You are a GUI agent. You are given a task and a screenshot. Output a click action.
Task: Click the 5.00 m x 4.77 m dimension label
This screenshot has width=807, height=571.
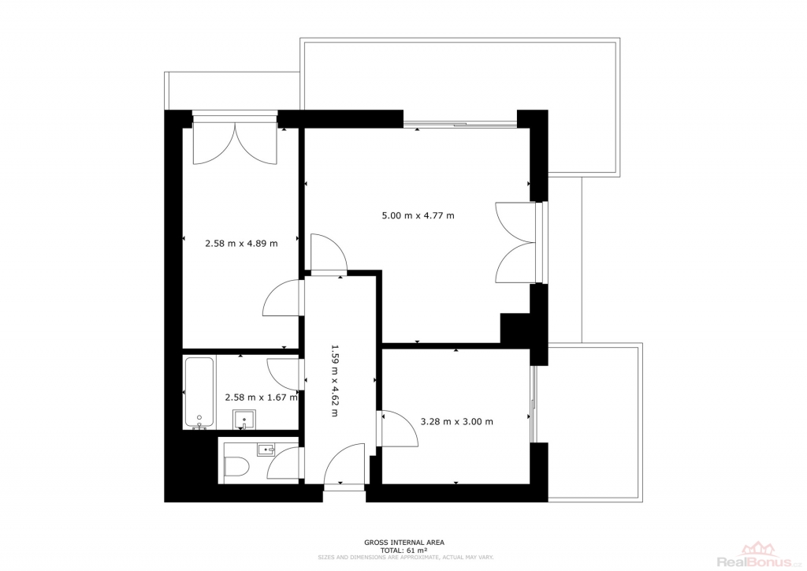[x=418, y=216]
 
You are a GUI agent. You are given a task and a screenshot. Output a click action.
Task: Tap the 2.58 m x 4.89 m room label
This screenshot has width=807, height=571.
[x=241, y=244]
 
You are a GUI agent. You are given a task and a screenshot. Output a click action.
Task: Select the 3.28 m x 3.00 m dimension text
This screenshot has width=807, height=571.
[x=456, y=422]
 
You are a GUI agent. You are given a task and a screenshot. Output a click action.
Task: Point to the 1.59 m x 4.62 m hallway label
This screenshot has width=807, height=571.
[x=334, y=380]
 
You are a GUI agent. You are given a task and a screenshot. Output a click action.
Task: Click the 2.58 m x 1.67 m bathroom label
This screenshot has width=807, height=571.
[x=262, y=397]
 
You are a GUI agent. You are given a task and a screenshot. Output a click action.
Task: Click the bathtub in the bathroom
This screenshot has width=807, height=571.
[x=199, y=393]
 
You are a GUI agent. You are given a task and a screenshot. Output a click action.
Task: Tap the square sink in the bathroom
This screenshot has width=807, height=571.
[x=244, y=420]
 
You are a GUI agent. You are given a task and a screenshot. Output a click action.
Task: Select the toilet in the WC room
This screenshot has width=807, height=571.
[x=236, y=467]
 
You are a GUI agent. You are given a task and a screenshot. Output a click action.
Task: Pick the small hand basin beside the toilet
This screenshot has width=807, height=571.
[x=266, y=450]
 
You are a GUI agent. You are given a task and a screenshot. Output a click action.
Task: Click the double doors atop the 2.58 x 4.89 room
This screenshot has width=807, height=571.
[x=235, y=143]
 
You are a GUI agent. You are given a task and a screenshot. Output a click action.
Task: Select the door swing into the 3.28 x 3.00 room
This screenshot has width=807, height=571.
[x=399, y=428]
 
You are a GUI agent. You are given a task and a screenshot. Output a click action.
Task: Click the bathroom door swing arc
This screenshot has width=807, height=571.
[x=283, y=375]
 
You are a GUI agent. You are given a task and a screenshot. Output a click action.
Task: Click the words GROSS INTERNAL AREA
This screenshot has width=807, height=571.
[x=404, y=542]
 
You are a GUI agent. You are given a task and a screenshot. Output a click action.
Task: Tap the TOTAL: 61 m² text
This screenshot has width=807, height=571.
[x=404, y=550]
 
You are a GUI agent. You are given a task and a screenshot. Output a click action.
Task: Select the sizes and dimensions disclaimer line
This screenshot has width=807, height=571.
[x=406, y=557]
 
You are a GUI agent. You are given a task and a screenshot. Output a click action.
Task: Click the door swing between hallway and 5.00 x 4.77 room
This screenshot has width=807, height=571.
[x=329, y=252]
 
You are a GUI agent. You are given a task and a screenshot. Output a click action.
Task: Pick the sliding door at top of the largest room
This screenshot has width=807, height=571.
[x=459, y=124]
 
